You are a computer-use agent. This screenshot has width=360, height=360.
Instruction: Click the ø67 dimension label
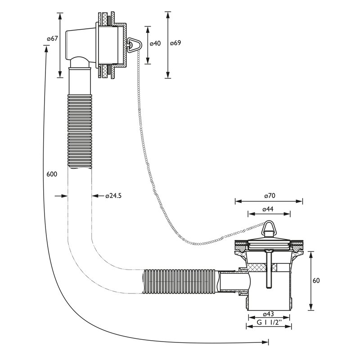point(52,39)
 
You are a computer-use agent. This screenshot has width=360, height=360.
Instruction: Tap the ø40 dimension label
point(155,43)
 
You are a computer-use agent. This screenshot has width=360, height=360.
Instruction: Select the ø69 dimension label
point(175,43)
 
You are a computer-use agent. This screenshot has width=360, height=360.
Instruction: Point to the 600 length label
point(52,174)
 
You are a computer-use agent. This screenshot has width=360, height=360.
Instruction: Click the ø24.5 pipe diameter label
point(113,196)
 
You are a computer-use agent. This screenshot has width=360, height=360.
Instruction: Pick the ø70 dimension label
point(270,196)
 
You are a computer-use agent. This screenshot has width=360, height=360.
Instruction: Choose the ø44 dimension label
point(268,209)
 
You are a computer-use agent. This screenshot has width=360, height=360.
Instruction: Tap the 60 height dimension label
point(316,280)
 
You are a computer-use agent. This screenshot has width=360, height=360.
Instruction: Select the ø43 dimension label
point(268,314)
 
